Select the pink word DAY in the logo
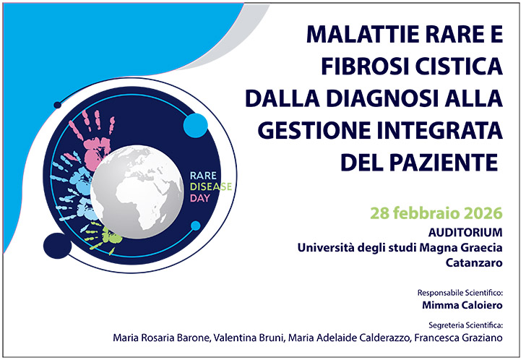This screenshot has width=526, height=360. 197,197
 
